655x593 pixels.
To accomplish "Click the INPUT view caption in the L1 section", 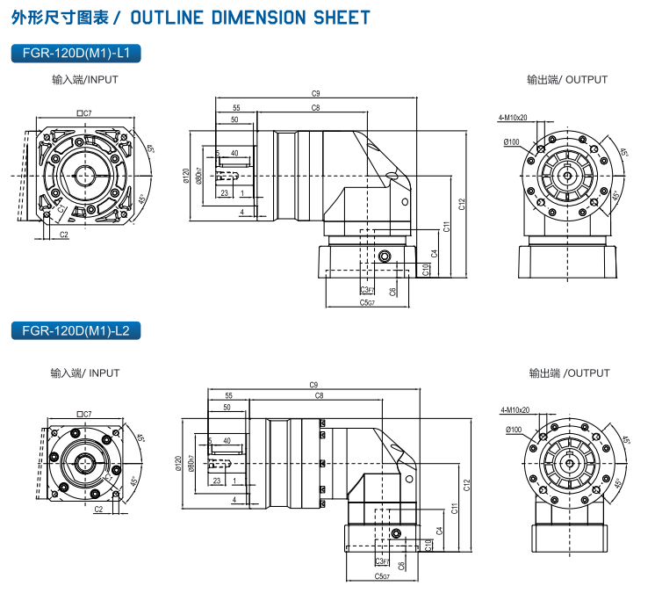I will point(85,80).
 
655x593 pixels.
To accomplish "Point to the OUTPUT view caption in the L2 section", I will point(568,373).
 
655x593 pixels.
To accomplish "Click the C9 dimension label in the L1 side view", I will point(315,93).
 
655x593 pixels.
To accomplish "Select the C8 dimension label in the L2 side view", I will point(319,397).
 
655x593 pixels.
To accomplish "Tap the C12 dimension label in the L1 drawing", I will point(462,204).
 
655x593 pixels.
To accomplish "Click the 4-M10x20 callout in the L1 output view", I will point(513,117).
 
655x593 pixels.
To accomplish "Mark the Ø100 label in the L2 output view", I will point(513,430).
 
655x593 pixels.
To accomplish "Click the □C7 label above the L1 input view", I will point(85,112).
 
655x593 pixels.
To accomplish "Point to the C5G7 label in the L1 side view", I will point(367,302).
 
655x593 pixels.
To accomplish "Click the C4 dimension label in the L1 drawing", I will point(435,254).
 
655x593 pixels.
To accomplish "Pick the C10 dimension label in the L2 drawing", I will point(428,545).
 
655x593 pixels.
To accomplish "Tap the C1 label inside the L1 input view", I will point(61,211).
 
